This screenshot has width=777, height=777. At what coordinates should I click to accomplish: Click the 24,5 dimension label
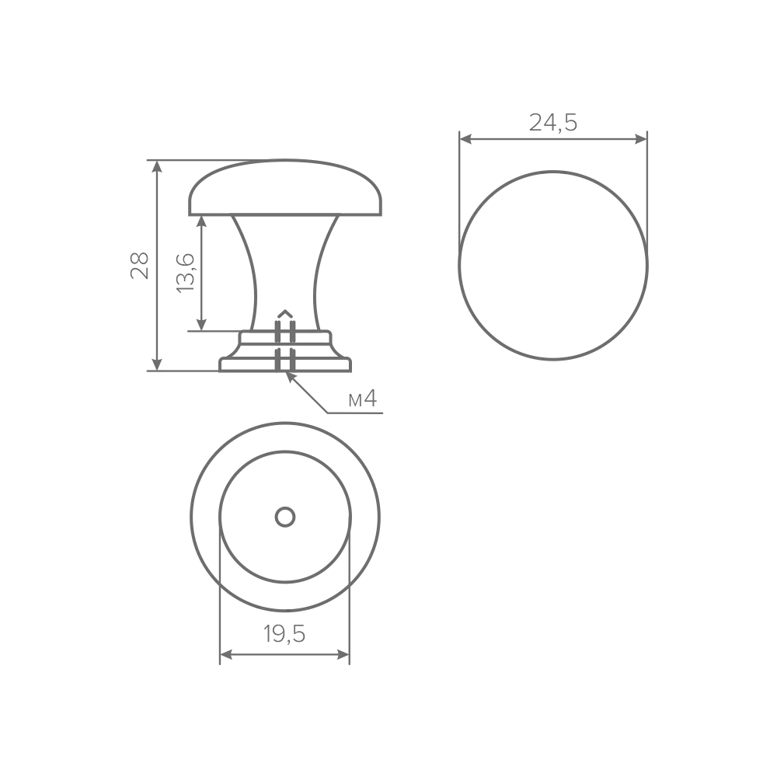pos(553,123)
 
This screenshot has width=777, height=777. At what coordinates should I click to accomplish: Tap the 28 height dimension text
pos(140,266)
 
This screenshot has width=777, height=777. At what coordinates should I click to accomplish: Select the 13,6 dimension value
pos(186,273)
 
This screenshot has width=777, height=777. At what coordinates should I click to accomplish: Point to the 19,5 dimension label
pos(284,634)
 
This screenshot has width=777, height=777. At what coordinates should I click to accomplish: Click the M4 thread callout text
pos(363,399)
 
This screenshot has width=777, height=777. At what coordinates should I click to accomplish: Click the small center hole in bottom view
pos(285,517)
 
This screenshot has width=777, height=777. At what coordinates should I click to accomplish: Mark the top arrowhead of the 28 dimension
pos(157,166)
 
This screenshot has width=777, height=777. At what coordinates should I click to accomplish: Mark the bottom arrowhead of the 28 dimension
pos(157,364)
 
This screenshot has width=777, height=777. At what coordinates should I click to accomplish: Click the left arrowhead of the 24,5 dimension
pos(466,139)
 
